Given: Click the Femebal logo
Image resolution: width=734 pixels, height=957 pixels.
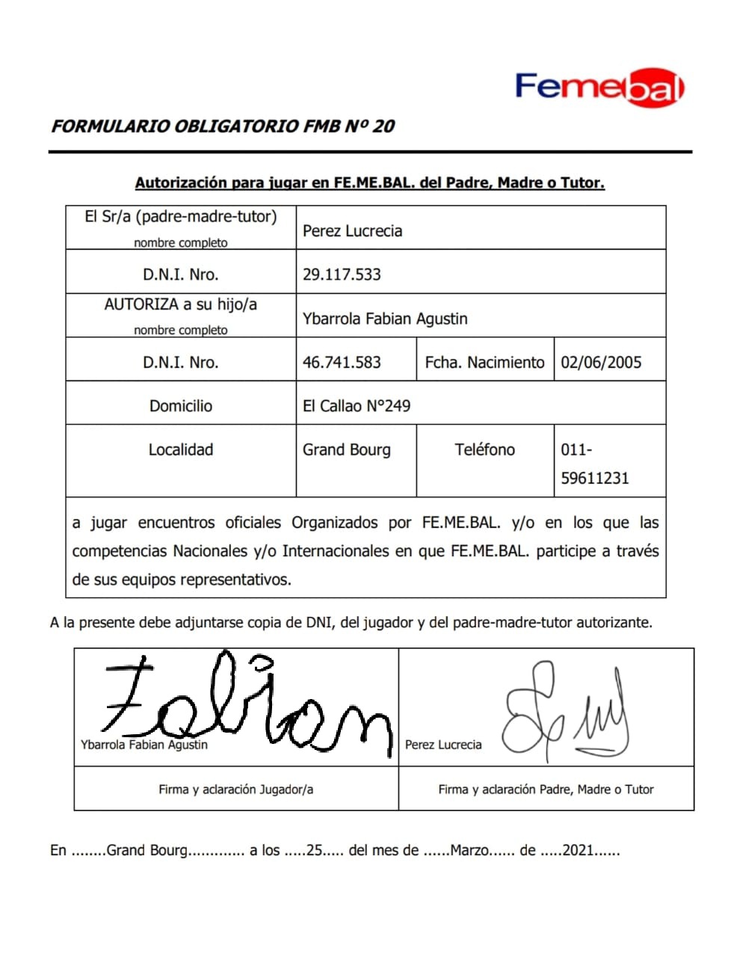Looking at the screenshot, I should (x=599, y=89).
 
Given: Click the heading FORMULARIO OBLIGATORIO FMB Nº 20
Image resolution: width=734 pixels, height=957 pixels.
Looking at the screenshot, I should (x=223, y=126).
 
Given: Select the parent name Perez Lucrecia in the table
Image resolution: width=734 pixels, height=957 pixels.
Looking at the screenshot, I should (x=352, y=231).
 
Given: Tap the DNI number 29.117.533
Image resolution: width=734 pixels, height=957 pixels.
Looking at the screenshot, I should (x=342, y=274).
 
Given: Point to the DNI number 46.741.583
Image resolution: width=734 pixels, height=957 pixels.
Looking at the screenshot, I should (x=342, y=363).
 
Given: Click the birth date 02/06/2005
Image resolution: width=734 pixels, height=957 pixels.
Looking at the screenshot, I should (x=601, y=363).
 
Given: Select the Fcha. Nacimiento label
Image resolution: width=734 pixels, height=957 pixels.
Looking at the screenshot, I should (x=484, y=363).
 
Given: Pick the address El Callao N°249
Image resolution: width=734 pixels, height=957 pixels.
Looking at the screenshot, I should (x=357, y=406).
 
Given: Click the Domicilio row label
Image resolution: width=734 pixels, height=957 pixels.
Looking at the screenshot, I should (x=181, y=406).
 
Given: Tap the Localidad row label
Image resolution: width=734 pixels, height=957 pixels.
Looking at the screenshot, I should (x=181, y=449).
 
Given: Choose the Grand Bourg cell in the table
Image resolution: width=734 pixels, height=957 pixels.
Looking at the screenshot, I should (x=346, y=449).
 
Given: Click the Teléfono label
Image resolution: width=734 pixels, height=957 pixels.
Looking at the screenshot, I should (x=484, y=449).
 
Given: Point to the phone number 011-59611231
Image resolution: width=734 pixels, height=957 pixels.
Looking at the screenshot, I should (x=595, y=464).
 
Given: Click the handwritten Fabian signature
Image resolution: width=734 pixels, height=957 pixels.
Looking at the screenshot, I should (x=247, y=703).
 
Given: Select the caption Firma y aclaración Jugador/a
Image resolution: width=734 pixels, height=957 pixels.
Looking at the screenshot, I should (x=235, y=789).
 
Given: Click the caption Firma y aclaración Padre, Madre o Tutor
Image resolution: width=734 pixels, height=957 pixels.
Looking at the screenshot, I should (x=546, y=789).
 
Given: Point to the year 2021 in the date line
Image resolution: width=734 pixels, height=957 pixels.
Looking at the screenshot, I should (x=579, y=850).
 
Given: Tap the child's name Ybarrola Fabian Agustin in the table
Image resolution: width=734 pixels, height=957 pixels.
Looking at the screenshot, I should (x=385, y=319).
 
